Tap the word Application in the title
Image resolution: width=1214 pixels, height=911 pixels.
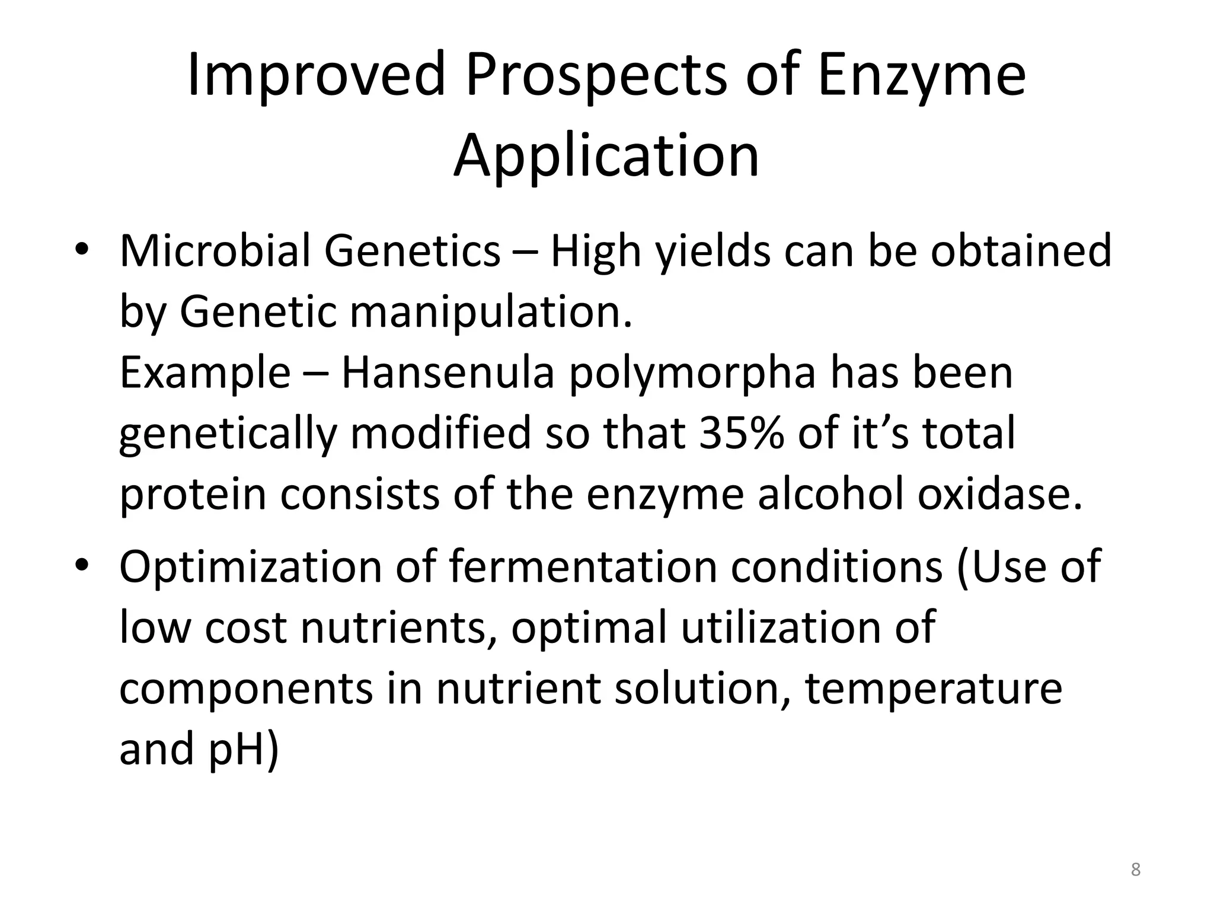(x=606, y=156)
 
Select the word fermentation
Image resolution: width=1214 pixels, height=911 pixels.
(x=583, y=566)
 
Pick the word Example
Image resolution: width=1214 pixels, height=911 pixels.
(x=205, y=374)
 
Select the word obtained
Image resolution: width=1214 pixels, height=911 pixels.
(x=1021, y=251)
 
